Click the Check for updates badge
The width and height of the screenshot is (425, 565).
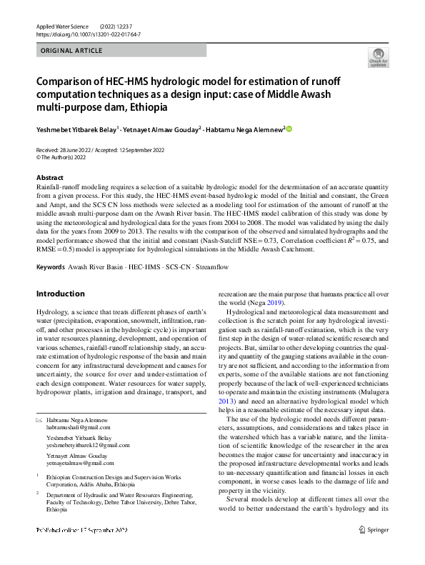(x=379, y=57)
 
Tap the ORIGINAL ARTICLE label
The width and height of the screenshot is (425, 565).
(x=72, y=51)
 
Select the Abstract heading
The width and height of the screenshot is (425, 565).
(x=49, y=177)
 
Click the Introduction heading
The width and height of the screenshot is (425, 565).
(x=60, y=294)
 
